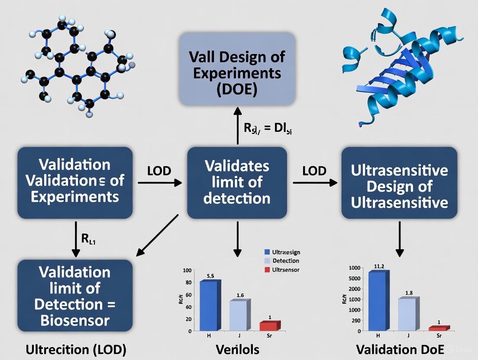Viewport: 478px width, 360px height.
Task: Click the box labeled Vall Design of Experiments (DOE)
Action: click(x=237, y=69)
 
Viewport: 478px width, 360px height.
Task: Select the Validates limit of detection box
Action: click(x=237, y=182)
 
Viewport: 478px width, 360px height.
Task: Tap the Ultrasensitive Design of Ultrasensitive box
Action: click(x=399, y=182)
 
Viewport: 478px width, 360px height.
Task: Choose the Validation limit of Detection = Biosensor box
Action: click(x=75, y=296)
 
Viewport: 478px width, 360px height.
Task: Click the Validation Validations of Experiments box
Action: click(x=75, y=182)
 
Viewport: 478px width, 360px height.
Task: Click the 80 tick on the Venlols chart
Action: click(x=187, y=283)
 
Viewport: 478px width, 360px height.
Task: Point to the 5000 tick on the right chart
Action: click(x=355, y=278)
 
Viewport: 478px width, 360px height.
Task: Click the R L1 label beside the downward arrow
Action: click(x=89, y=240)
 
